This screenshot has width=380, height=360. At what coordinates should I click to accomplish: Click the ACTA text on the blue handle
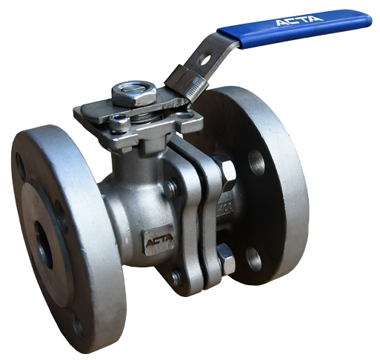(299, 20)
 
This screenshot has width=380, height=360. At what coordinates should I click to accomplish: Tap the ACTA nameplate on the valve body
(159, 240)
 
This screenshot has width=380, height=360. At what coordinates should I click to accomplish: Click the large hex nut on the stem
(133, 95)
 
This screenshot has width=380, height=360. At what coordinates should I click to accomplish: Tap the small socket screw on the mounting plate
(119, 124)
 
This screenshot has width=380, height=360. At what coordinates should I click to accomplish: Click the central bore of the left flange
(43, 244)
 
